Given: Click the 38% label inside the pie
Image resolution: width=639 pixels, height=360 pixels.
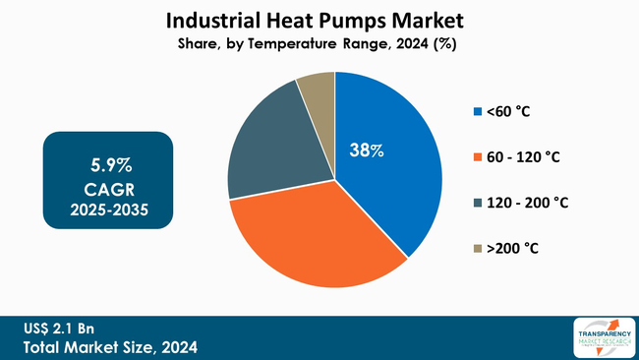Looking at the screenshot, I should tap(367, 150).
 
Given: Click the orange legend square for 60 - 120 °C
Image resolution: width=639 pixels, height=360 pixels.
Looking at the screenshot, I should tap(478, 157).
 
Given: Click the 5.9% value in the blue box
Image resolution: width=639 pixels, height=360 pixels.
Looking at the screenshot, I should tap(108, 160).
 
